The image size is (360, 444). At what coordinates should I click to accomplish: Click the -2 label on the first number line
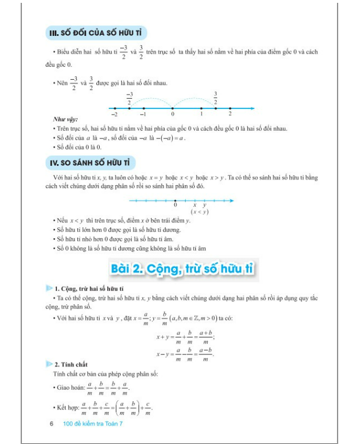(x=115, y=115)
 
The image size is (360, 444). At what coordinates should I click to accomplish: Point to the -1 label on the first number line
(x=144, y=115)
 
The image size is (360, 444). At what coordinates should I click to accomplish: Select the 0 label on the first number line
(x=173, y=115)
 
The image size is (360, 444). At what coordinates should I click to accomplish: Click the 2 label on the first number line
(x=230, y=115)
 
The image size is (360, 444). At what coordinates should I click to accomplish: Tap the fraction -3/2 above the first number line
(x=129, y=98)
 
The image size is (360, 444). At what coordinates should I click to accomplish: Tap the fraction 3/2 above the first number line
(x=216, y=98)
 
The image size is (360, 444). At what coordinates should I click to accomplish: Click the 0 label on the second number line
(x=175, y=205)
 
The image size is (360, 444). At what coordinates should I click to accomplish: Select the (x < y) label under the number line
(x=199, y=211)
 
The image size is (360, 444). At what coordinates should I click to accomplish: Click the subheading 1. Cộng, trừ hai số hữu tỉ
(x=93, y=289)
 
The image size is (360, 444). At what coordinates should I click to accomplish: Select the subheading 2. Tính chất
(x=78, y=364)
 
